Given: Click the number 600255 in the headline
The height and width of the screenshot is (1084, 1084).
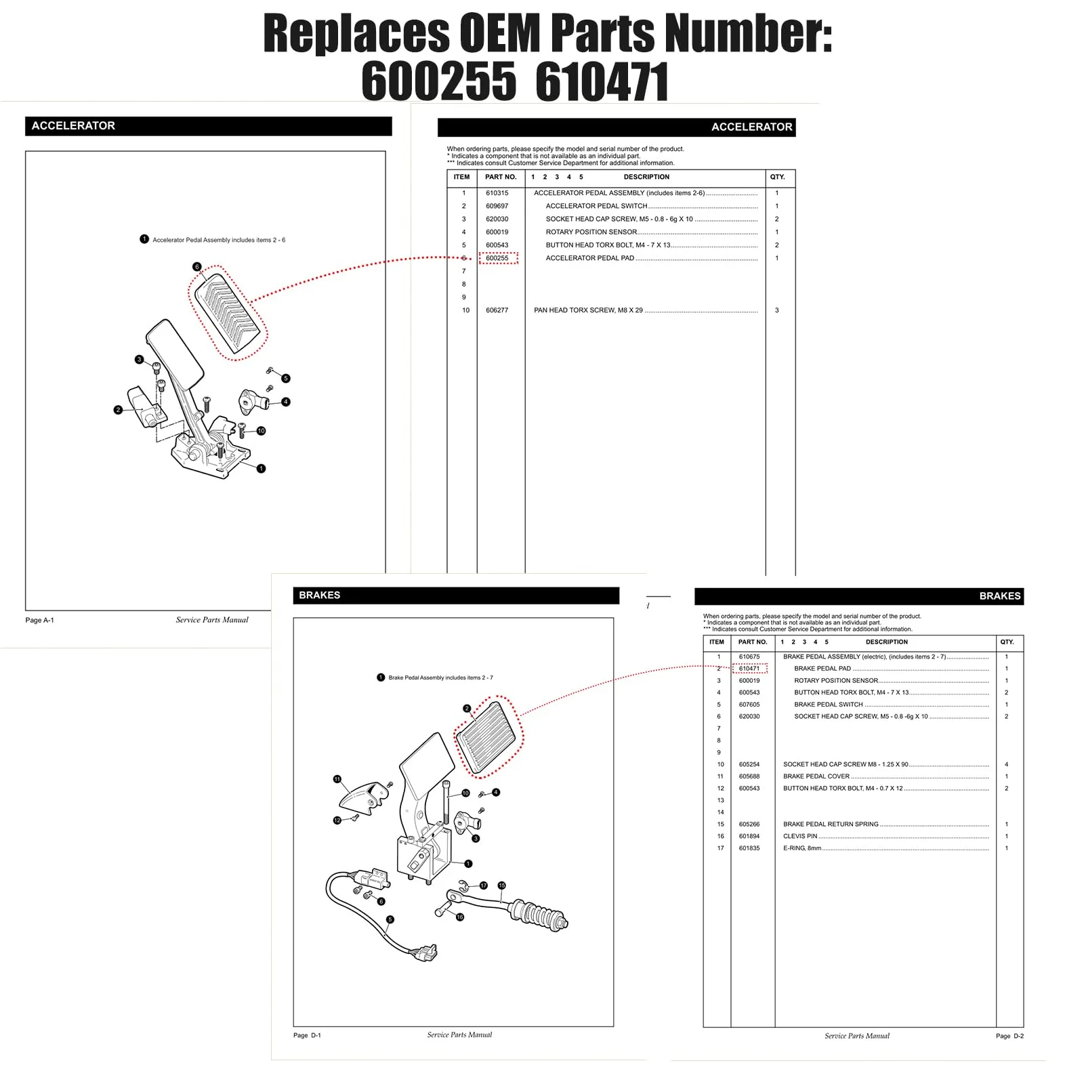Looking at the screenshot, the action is point(438,81).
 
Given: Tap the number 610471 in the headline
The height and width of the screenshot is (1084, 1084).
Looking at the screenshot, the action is point(602,81).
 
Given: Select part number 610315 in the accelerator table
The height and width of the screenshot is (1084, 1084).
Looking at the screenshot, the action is point(497,193).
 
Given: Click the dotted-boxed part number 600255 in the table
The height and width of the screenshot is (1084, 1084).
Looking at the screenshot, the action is point(497,258).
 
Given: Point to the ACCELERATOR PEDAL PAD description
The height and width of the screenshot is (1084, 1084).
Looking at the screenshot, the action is point(589,258).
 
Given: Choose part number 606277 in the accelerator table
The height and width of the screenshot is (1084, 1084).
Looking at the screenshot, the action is point(497,310).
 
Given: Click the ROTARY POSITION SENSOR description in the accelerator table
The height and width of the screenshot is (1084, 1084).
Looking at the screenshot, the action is point(591,232).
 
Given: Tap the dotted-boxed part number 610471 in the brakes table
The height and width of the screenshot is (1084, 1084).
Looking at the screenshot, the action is point(749,669).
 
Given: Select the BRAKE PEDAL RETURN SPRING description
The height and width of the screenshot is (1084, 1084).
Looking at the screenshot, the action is point(831,825).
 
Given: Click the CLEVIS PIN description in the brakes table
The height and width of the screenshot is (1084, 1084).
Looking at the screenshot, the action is point(800,836).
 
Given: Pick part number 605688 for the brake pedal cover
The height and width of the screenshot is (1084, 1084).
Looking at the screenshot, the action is point(749,776).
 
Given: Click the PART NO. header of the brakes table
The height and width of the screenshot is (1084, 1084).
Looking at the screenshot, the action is point(753,642).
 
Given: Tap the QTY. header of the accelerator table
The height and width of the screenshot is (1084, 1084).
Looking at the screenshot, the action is point(777,177).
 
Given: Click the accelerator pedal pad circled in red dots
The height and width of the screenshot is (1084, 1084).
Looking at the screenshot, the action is point(228,313).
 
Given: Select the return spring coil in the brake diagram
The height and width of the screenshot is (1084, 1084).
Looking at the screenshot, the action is point(539,915).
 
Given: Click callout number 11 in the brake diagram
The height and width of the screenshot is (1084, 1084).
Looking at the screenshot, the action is point(337,779).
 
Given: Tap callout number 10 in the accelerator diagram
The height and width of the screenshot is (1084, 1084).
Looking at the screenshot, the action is point(261,431).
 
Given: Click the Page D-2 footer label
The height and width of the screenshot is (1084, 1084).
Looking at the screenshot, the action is point(1009,1036).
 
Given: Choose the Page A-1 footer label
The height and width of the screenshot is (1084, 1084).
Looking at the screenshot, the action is point(39,620).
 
